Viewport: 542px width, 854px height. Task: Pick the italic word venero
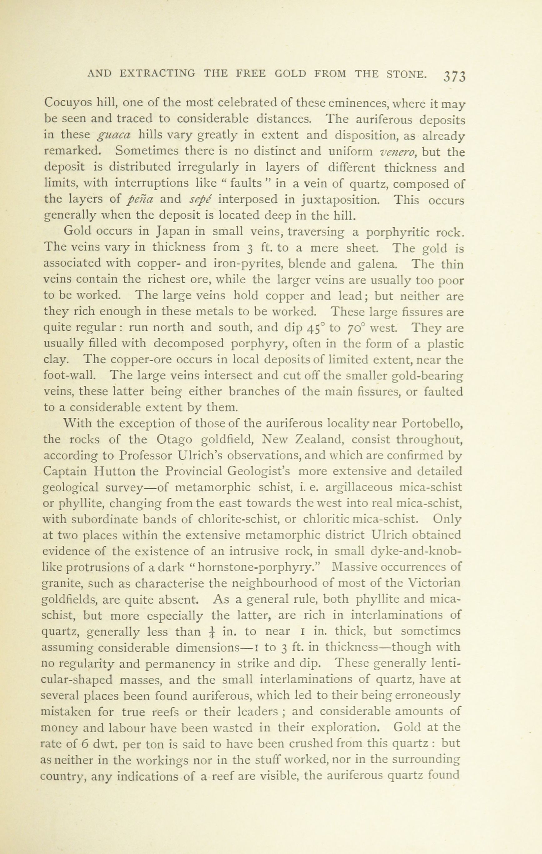pos(398,152)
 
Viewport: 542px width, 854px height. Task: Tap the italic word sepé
pos(201,200)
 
